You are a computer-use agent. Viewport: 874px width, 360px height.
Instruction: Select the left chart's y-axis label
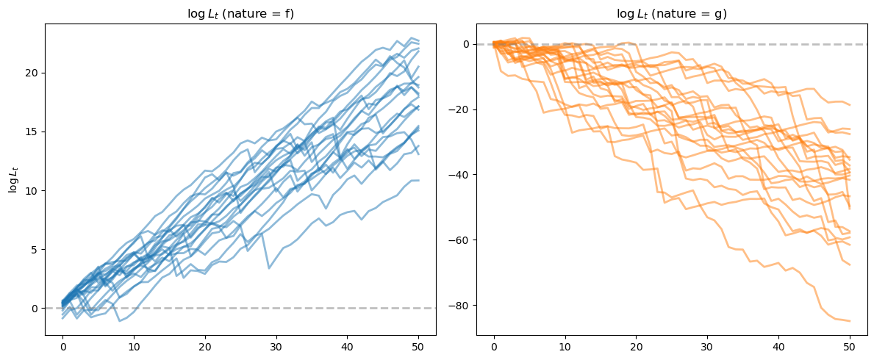tap(12, 179)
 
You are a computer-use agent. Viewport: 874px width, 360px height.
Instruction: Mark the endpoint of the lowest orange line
tap(850, 321)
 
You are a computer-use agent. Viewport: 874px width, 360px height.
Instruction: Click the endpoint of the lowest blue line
tap(419, 180)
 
